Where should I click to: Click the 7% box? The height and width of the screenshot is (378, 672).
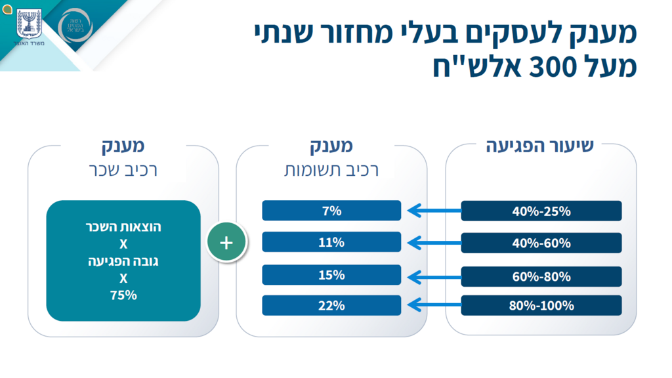tap(331, 211)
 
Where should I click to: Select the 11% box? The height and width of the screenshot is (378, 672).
tap(331, 242)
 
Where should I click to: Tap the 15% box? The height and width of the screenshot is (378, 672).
tap(331, 275)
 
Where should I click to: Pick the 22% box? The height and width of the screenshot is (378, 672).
tap(331, 305)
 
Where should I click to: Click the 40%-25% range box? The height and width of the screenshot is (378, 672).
tap(541, 211)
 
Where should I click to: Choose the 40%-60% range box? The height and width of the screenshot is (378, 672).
tap(541, 243)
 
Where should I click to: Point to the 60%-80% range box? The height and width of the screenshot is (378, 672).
tap(541, 276)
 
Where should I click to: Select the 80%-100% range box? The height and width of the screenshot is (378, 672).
tap(541, 305)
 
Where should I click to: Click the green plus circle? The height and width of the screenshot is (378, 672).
tap(226, 242)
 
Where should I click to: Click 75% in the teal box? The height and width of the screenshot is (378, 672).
tap(123, 295)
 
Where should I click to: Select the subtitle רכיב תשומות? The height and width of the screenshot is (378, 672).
tap(331, 170)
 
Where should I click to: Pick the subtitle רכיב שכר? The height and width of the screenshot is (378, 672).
tap(123, 170)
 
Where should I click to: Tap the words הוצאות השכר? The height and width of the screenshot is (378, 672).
tap(123, 227)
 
